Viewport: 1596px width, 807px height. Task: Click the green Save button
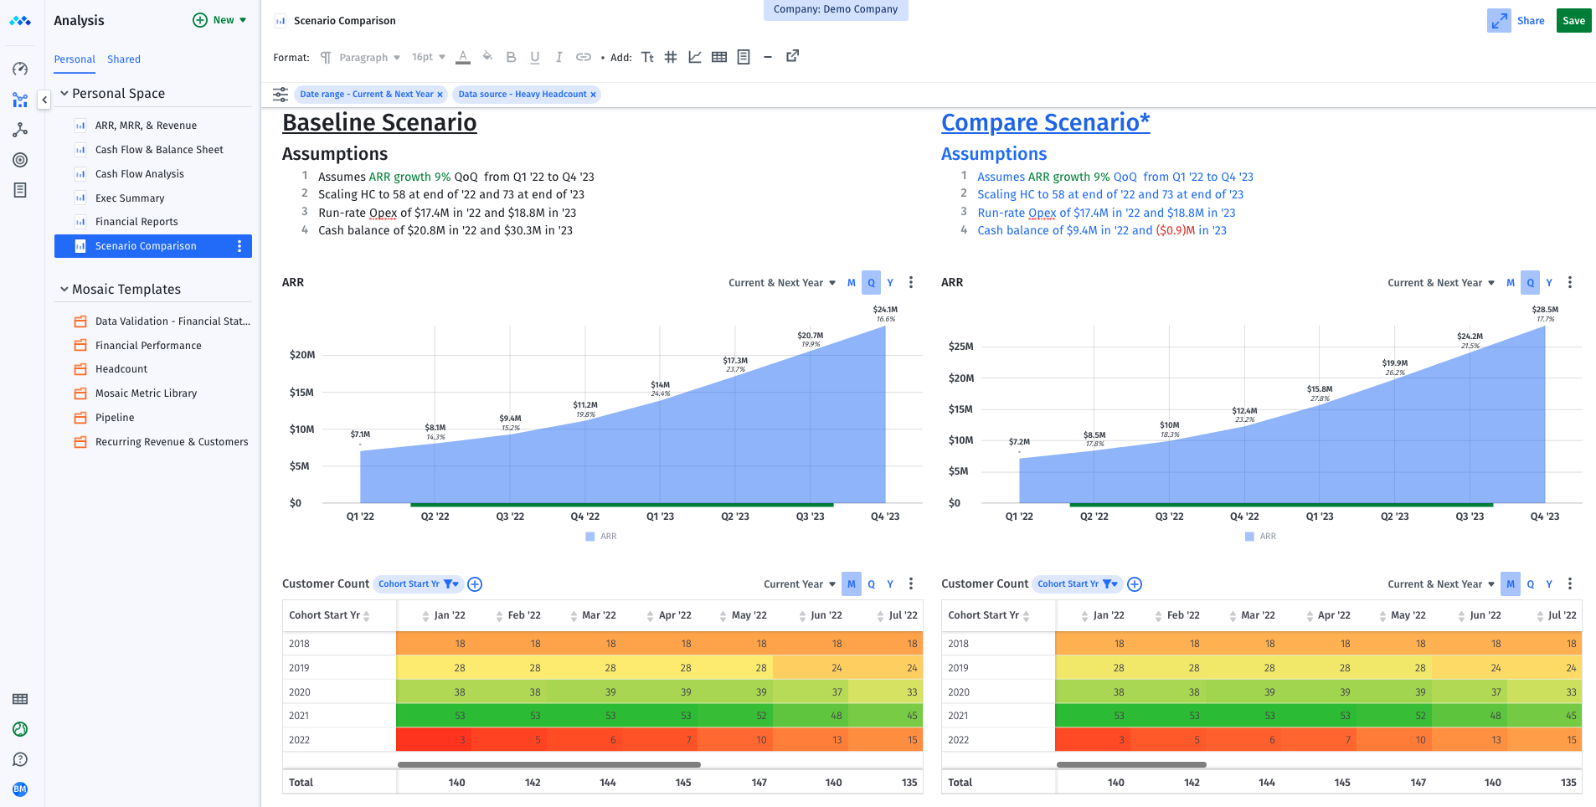[x=1573, y=21]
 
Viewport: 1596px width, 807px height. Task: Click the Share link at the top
[x=1530, y=21]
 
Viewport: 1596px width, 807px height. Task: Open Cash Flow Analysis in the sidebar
[x=139, y=174]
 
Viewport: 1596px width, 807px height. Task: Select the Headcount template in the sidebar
[x=121, y=369]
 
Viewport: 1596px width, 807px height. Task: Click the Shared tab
[x=124, y=59]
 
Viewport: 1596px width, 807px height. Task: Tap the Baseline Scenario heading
[x=379, y=122]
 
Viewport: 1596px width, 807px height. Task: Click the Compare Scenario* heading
[x=1045, y=122]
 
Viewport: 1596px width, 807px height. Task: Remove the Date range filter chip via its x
[x=440, y=95]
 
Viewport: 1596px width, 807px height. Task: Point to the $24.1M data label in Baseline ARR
[x=885, y=310]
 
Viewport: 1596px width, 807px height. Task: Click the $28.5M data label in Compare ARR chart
[x=1545, y=310]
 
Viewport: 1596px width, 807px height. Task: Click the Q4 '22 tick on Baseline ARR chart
[x=585, y=517]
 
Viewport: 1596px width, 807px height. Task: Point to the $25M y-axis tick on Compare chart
[x=960, y=347]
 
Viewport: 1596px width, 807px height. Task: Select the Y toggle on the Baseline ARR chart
[x=890, y=283]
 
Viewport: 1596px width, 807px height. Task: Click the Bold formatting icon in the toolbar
[x=511, y=58]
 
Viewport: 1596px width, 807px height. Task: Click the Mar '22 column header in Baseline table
[x=599, y=615]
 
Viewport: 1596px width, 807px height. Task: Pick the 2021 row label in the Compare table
[x=958, y=716]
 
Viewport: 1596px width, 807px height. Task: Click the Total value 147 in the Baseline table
[x=759, y=783]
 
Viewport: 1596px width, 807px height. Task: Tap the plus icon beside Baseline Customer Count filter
[x=475, y=584]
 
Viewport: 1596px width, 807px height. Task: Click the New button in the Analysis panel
[x=220, y=20]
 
